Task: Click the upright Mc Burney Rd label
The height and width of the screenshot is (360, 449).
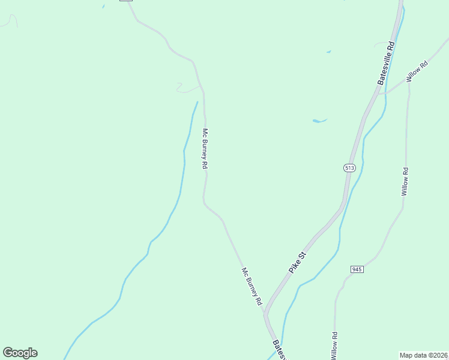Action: point(205,149)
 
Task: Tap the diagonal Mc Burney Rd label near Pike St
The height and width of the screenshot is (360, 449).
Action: point(252,287)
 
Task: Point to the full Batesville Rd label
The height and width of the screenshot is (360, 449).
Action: point(385,62)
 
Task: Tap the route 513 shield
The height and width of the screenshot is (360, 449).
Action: point(349,168)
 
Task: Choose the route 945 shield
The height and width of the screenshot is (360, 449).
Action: point(357,269)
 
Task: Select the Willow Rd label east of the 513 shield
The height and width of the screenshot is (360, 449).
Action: point(405,182)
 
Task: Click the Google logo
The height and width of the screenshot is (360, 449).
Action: point(20,353)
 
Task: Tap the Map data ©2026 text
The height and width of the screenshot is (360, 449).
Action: point(424,355)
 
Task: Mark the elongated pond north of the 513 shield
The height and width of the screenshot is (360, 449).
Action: point(319,121)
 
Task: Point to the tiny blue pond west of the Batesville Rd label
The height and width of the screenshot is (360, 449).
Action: point(328,52)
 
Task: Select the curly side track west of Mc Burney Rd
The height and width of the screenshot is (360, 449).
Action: point(185,89)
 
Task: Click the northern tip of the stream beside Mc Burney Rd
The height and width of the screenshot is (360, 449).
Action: point(197,103)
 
